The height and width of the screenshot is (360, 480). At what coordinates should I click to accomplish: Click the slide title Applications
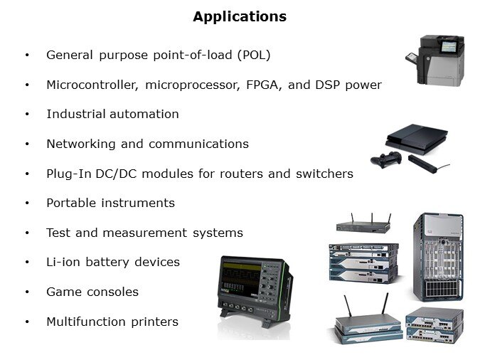pos(240,16)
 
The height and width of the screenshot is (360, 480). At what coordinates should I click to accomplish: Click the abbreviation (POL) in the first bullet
pos(254,55)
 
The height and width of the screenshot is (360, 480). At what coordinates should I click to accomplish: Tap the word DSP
pos(327,85)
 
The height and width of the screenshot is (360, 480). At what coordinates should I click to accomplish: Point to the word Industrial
pos(76,114)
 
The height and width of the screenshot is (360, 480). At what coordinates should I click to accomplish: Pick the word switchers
pos(324,174)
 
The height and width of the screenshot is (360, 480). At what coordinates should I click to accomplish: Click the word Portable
pos(71,203)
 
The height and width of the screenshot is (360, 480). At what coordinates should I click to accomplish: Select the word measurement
pos(145,233)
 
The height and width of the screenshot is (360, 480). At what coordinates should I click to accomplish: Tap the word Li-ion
pos(63,263)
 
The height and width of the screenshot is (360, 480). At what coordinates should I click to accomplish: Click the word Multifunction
pos(86,322)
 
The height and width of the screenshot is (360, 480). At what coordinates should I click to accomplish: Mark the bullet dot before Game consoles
pos(27,292)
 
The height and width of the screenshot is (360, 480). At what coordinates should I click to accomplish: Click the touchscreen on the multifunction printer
pos(449,47)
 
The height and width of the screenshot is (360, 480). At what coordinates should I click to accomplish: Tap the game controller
pos(386,159)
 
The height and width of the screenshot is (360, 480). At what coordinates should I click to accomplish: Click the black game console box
pos(417,139)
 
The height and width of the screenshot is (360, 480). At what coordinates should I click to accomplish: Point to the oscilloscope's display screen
pos(242,279)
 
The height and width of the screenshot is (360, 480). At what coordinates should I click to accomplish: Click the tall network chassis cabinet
pos(438,257)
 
